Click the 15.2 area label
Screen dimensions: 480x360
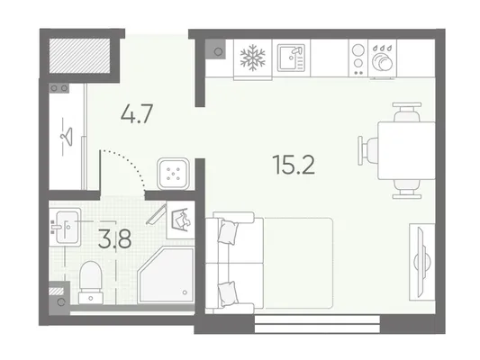click(294, 165)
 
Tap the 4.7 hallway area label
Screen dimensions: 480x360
click(137, 113)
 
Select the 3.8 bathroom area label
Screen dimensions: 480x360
click(114, 238)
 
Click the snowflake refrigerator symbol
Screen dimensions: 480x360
click(252, 58)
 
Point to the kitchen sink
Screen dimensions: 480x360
click(292, 58)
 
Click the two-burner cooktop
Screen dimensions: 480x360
click(358, 58)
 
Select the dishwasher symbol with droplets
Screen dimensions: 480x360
click(383, 58)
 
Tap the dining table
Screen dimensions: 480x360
click(406, 150)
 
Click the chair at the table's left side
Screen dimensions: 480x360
click(368, 150)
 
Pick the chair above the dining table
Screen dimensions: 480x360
click(407, 112)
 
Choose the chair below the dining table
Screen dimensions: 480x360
click(407, 189)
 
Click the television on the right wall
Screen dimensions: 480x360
click(422, 262)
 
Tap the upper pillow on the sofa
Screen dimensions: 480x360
click(228, 232)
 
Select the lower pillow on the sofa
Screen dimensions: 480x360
click(228, 294)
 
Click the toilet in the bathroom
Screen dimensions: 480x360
click(91, 283)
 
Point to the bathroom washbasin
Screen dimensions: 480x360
click(65, 228)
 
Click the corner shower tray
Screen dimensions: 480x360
click(167, 275)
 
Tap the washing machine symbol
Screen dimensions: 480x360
click(181, 220)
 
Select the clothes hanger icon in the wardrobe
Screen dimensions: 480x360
click(67, 137)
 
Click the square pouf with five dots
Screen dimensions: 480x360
click(173, 174)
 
